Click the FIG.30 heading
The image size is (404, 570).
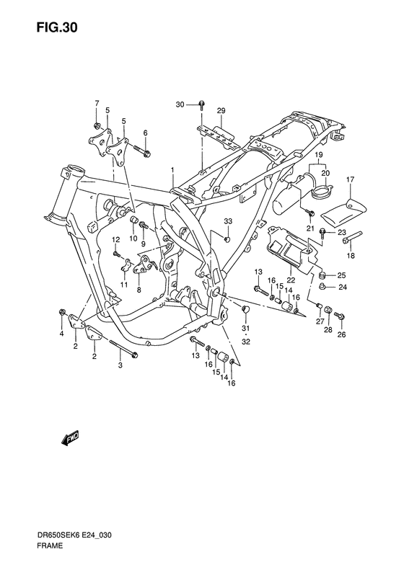(57, 28)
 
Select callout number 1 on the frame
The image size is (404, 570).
(173, 170)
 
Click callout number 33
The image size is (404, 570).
(228, 221)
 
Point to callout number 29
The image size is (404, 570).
(221, 111)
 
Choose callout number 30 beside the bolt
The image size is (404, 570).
(180, 104)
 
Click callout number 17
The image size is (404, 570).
(350, 179)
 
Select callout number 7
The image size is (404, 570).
(97, 104)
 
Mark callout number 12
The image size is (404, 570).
(115, 239)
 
